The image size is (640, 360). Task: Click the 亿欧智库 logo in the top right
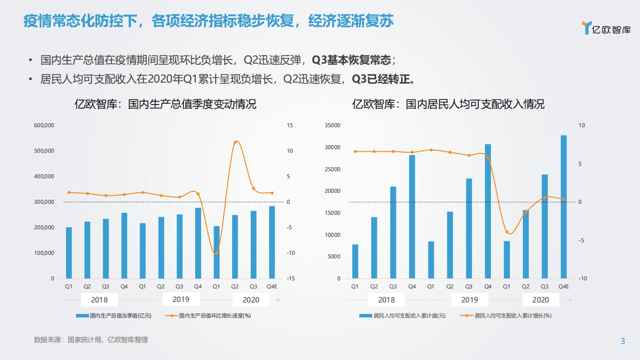pos(606,28)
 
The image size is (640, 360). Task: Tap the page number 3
pos(622,341)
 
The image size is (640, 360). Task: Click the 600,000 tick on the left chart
pos(44,125)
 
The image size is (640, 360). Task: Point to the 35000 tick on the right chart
pos(332,125)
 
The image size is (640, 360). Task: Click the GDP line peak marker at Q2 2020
pos(236,142)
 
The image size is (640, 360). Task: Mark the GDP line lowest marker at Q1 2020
pos(216,253)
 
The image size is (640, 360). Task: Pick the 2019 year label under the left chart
pos(181,299)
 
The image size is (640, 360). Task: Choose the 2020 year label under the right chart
pos(540,300)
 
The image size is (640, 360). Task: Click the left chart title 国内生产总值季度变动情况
pos(165,104)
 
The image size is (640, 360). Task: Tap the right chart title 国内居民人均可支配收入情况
pos(448,104)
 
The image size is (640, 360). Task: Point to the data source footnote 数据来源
pos(91,340)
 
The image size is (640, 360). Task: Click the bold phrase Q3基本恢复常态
pos(351,61)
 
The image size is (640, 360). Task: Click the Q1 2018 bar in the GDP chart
pos(69,253)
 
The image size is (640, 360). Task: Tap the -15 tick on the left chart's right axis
pos(290,278)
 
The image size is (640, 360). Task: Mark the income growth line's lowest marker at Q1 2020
pos(507,232)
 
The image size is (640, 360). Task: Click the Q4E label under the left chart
pos(272,286)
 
